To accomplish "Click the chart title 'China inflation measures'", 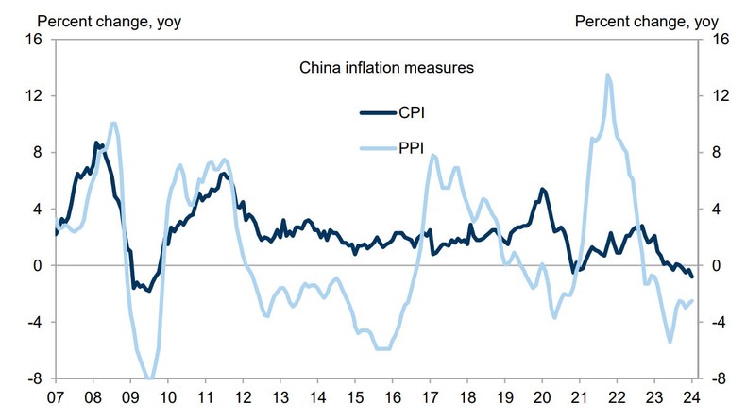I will pos(386,67).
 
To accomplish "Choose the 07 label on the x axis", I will pos(56,396).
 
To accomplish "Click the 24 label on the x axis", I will pos(692,396).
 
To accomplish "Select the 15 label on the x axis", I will pos(355,396).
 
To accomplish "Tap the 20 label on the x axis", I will pos(542,396).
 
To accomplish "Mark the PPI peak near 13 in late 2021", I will pos(607,75).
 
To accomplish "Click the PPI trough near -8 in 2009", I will pos(149,378).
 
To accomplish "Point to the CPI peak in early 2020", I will pos(542,189).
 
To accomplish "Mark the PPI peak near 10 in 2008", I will pos(113,123).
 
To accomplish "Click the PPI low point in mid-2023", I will pos(670,341).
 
